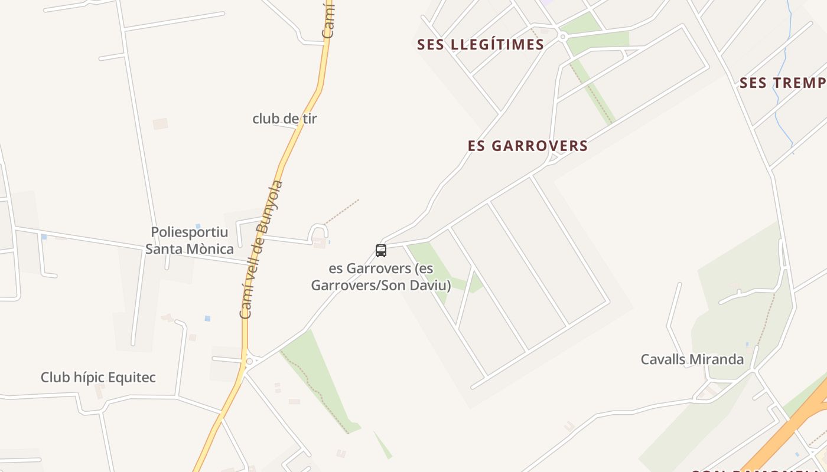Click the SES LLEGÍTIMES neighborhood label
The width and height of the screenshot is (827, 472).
coord(480,45)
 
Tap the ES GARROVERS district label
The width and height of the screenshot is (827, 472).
coord(528,146)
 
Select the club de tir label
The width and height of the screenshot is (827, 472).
coord(285,119)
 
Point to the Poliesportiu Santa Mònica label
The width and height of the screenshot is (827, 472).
coord(189,241)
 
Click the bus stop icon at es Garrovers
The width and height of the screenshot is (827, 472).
coord(381,251)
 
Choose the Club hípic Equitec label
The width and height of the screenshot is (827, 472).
coord(98,378)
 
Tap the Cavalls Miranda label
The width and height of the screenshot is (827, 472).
coord(692,359)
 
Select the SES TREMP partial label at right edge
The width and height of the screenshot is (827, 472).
coord(782,83)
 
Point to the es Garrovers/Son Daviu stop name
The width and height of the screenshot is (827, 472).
coord(381,277)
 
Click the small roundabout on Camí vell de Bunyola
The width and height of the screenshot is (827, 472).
coord(249,360)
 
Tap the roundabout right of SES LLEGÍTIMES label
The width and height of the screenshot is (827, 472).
coord(562,37)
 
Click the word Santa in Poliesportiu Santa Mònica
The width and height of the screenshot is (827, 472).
coord(165,249)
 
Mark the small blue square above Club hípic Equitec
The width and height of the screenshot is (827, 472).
coord(207,318)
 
